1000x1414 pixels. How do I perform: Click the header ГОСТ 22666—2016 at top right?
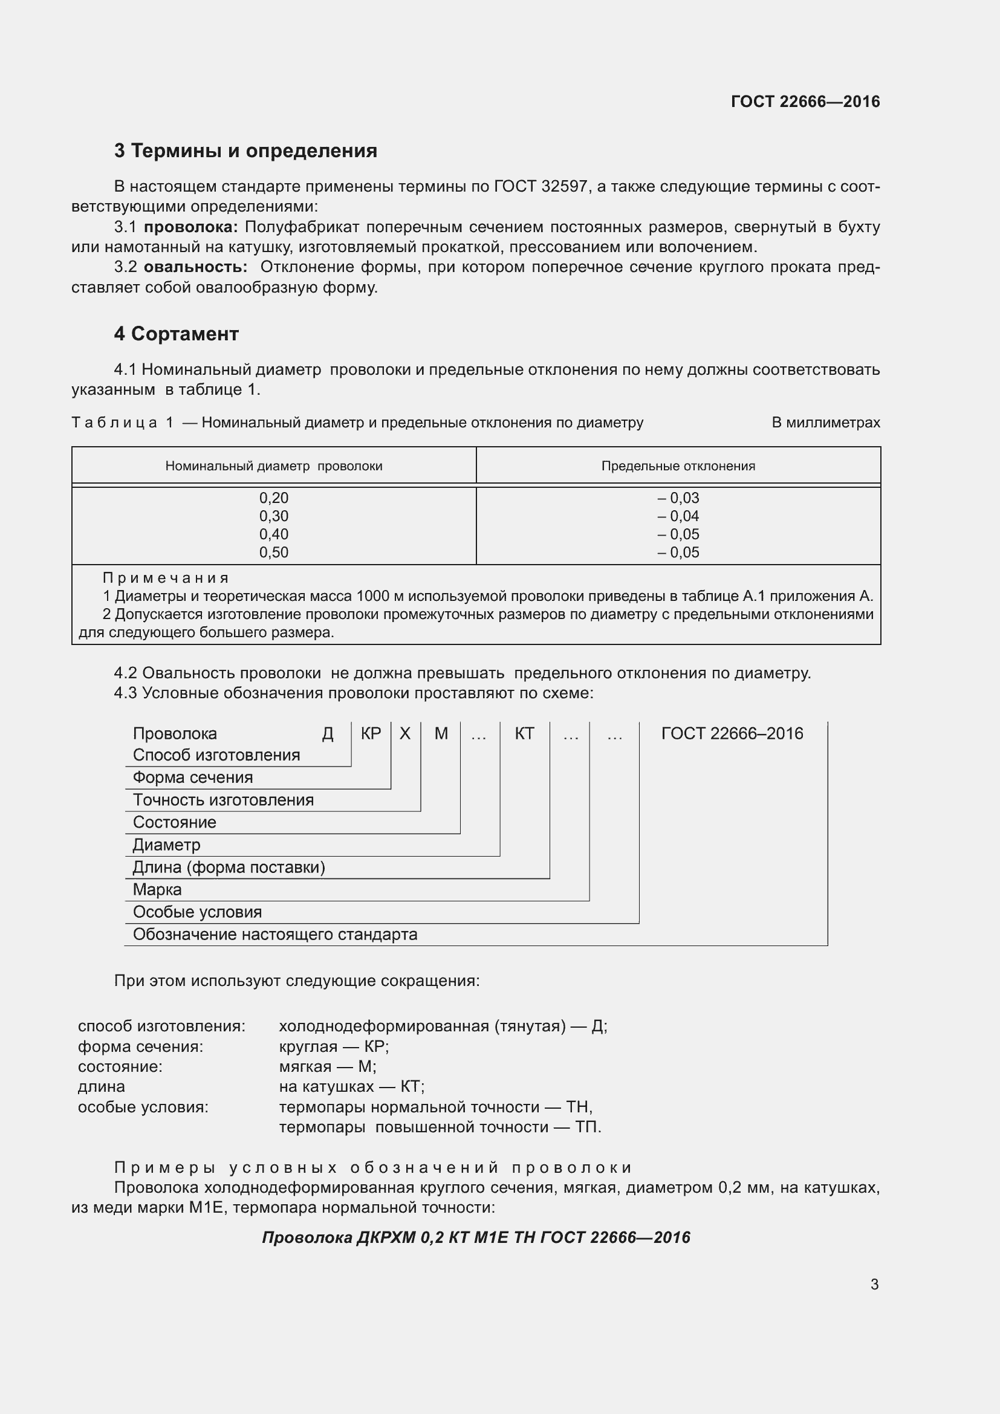click(805, 102)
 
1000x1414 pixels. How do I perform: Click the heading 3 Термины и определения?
click(245, 151)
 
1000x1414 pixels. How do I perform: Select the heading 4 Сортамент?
click(176, 334)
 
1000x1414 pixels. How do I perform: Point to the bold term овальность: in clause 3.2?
click(196, 267)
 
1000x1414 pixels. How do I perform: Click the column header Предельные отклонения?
click(678, 466)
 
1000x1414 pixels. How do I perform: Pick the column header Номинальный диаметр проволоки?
click(273, 466)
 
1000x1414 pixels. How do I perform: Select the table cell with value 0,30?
click(273, 516)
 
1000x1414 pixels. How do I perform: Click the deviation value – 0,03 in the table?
click(678, 498)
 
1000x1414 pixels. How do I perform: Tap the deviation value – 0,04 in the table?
click(678, 516)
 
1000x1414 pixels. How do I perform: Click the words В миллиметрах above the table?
click(825, 423)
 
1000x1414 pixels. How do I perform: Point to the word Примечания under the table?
click(166, 578)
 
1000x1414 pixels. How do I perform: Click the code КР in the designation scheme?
click(371, 733)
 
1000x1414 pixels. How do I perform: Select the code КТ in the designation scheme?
click(524, 733)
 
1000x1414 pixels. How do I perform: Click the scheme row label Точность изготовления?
click(223, 800)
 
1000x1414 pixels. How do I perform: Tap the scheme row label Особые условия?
click(197, 912)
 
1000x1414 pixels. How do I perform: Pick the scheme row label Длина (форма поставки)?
click(229, 868)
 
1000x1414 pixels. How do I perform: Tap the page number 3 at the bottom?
click(874, 1285)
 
